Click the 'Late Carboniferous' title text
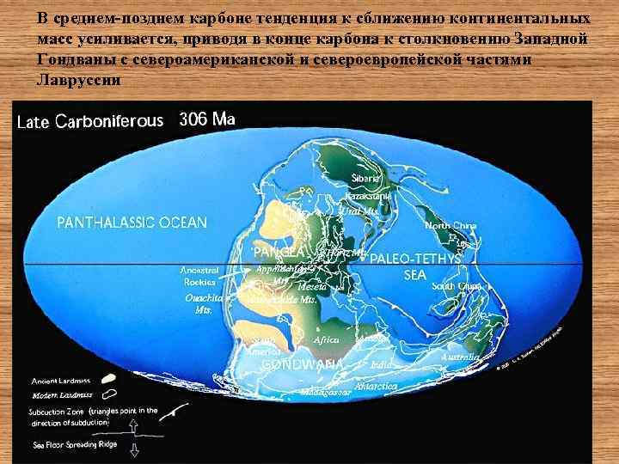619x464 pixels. click(x=89, y=121)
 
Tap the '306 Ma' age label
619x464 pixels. click(x=206, y=119)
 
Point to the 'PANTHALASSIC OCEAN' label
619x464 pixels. click(x=132, y=223)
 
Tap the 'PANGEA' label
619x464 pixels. click(x=277, y=252)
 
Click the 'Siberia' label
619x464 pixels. click(x=365, y=178)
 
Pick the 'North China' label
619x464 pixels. click(x=450, y=225)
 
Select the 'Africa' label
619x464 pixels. click(x=327, y=340)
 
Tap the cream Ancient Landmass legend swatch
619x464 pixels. click(x=110, y=379)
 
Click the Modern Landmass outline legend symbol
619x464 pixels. click(x=110, y=394)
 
